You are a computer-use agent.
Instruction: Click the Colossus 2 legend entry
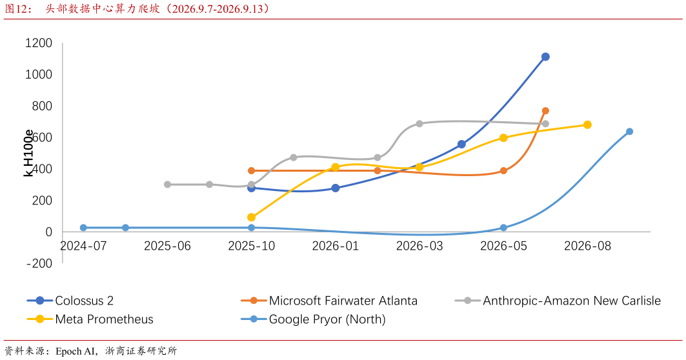point(70,301)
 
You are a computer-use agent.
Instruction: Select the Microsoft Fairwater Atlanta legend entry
point(329,301)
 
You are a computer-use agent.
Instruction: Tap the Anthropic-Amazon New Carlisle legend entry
point(558,301)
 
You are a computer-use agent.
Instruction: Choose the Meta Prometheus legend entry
point(90,319)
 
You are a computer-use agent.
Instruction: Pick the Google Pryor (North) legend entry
point(313,319)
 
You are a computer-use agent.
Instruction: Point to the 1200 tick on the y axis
point(39,43)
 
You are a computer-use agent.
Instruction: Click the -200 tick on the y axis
point(39,263)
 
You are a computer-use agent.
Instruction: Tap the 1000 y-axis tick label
point(39,74)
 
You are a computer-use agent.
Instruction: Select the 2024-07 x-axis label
point(83,246)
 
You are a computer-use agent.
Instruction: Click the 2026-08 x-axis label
point(587,246)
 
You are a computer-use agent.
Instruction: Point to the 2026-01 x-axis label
point(335,246)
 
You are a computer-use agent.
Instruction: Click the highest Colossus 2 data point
point(545,57)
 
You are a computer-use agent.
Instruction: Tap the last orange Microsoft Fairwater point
point(545,111)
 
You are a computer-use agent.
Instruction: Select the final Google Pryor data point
point(629,131)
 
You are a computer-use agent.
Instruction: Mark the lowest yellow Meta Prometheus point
point(251,217)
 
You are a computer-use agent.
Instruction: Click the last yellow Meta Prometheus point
point(587,125)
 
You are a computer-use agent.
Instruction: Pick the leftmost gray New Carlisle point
point(167,185)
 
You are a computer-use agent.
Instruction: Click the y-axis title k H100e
point(28,153)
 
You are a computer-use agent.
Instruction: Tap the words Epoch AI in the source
point(76,351)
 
